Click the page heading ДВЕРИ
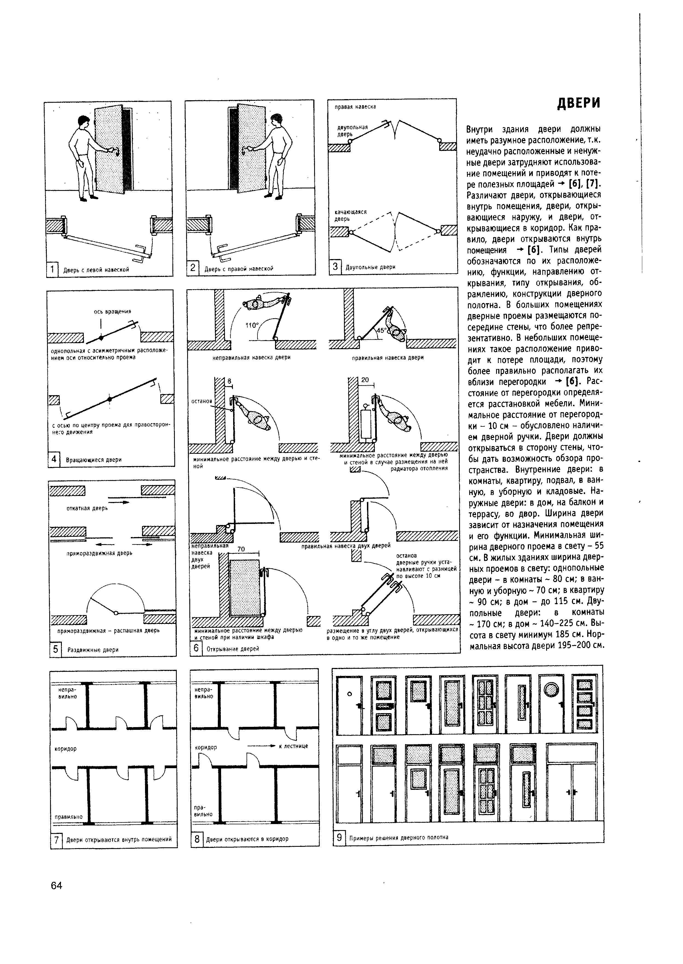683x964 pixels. tap(579, 103)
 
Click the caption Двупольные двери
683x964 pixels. tap(370, 267)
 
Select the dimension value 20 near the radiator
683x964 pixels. tap(365, 380)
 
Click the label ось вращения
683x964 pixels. tap(112, 311)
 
